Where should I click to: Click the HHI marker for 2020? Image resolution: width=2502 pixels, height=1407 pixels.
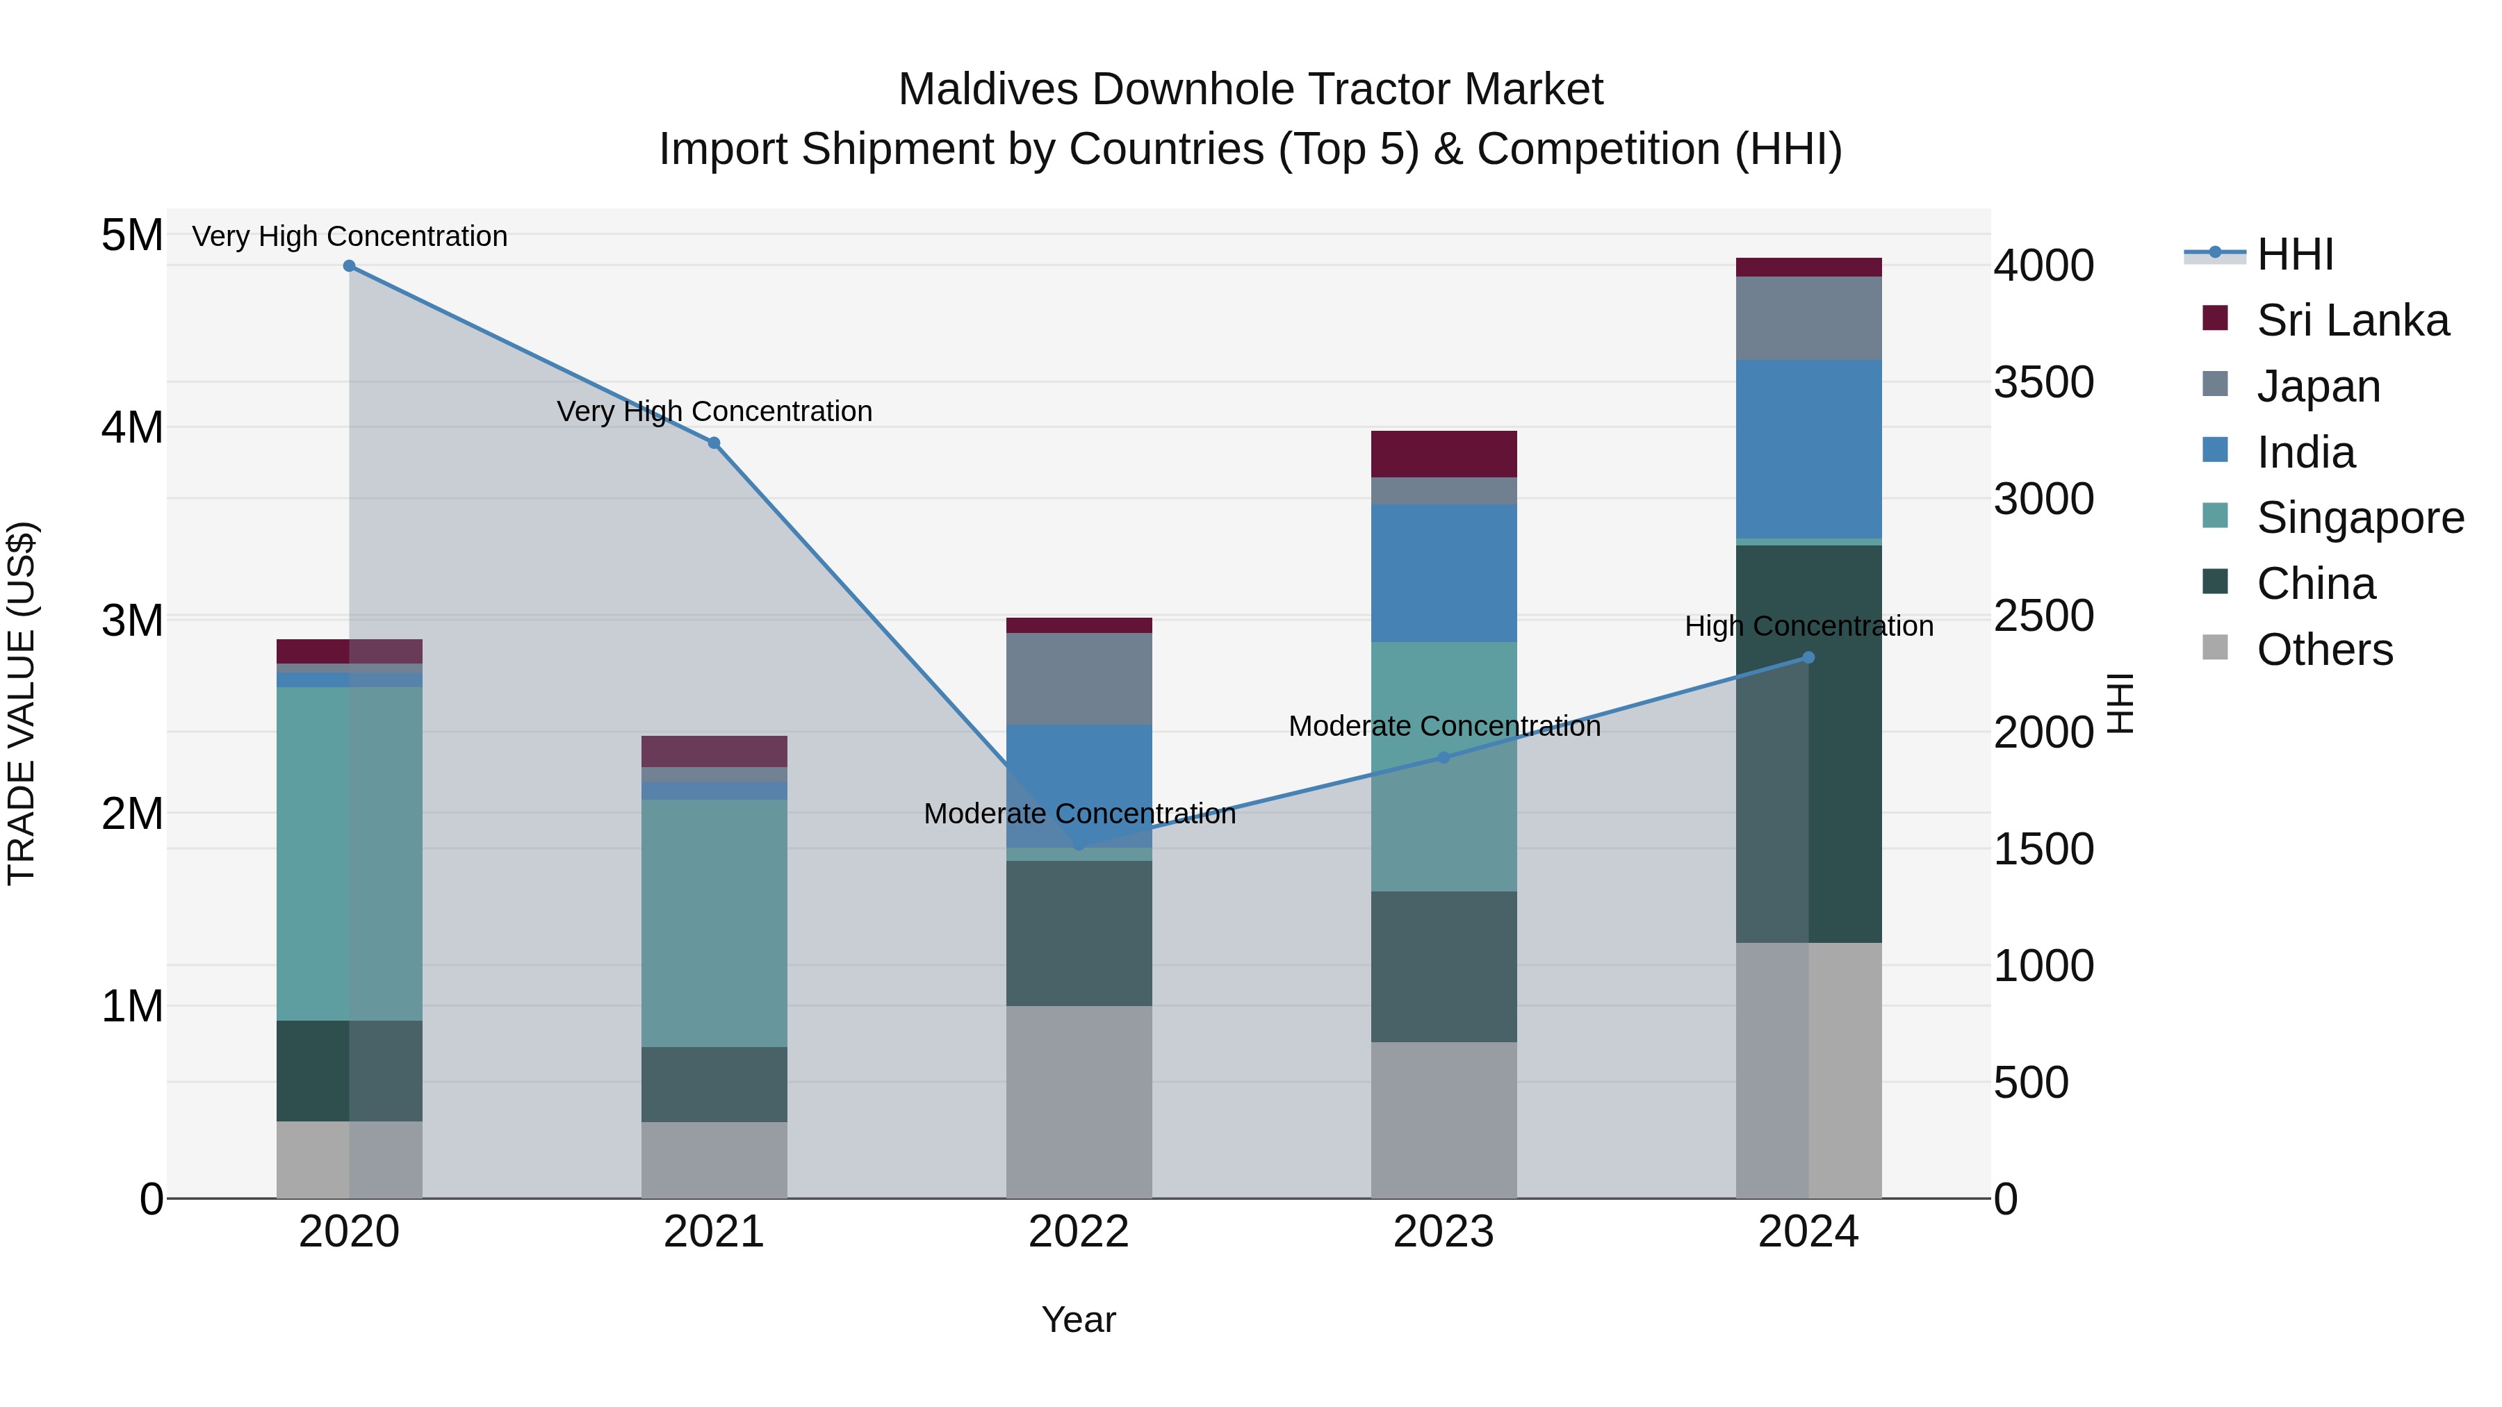tap(349, 265)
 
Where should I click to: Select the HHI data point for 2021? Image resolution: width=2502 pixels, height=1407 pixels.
tap(714, 443)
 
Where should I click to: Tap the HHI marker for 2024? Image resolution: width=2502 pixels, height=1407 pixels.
tap(1808, 657)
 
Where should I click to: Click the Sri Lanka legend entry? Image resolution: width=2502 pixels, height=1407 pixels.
tap(2351, 320)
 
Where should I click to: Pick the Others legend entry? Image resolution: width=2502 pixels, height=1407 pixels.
tap(2324, 650)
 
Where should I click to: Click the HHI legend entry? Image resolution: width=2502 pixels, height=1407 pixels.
tap(2294, 254)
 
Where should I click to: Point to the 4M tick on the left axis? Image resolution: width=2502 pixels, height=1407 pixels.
tap(132, 427)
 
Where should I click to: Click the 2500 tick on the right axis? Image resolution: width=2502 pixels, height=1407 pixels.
tap(2043, 616)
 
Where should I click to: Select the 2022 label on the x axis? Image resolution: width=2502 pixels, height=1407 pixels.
tap(1078, 1232)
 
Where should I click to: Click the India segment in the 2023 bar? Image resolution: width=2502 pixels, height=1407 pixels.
tap(1444, 573)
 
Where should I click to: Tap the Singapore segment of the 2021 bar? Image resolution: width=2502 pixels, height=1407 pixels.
tap(714, 923)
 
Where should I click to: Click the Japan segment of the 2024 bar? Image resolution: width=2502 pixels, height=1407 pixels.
tap(1808, 318)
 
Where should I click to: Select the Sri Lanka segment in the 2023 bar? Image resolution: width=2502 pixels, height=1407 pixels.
tap(1444, 454)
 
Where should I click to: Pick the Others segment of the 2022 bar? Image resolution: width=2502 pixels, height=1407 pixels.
tap(1078, 1101)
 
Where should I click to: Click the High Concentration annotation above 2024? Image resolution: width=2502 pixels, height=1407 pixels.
tap(1808, 626)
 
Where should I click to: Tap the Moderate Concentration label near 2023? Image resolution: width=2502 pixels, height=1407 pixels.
tap(1444, 726)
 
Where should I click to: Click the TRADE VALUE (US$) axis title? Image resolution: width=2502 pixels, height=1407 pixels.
tap(22, 703)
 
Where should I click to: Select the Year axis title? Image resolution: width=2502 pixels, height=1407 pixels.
tap(1078, 1319)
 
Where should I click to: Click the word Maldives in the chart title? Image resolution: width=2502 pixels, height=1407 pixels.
tap(988, 90)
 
